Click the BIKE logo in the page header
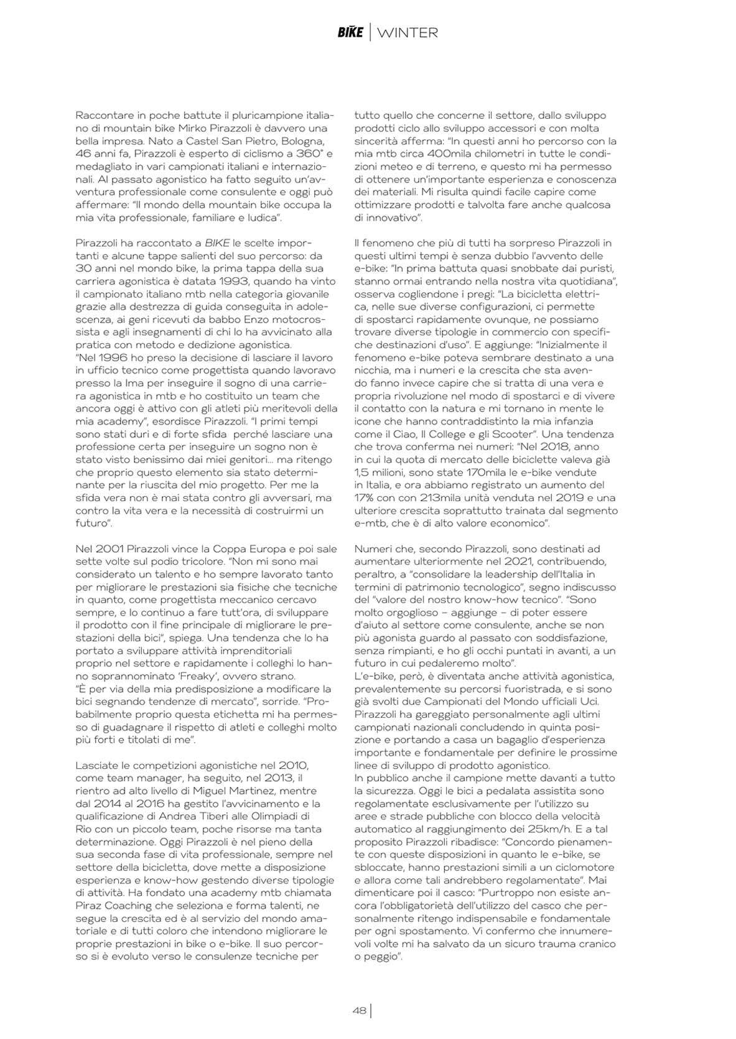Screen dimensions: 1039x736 point(350,32)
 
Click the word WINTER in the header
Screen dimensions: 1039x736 point(407,32)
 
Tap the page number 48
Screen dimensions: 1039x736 point(359,1011)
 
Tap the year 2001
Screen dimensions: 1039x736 point(110,549)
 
